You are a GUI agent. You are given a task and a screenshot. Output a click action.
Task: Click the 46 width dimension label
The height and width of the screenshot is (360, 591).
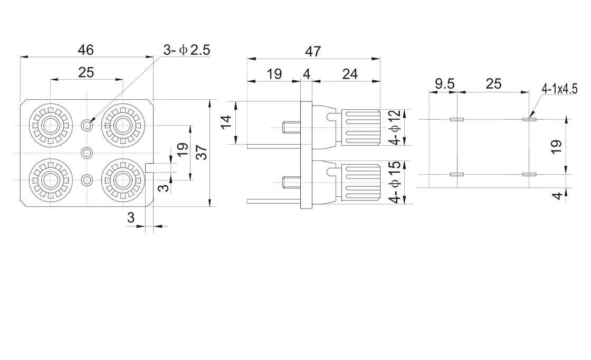click(86, 50)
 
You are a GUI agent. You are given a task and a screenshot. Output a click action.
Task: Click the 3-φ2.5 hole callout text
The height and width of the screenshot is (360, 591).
click(187, 50)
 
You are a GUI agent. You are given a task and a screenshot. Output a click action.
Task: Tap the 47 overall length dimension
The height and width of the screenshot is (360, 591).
click(313, 51)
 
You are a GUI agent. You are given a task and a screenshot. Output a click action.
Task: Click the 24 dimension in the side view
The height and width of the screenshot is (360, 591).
click(350, 74)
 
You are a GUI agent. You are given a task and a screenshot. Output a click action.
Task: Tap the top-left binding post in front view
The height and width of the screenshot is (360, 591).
click(51, 125)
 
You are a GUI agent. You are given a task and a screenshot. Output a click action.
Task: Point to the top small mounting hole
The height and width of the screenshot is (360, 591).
click(87, 125)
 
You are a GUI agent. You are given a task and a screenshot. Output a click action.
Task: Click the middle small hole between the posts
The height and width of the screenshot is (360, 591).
click(87, 153)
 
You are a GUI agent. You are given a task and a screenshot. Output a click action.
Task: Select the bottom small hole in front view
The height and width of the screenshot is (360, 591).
click(87, 179)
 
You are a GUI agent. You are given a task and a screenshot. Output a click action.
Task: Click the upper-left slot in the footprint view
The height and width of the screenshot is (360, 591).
click(456, 120)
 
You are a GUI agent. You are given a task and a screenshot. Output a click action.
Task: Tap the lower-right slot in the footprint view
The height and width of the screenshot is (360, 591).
click(529, 174)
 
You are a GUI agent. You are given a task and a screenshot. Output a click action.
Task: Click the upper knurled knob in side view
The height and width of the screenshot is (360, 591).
click(361, 127)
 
